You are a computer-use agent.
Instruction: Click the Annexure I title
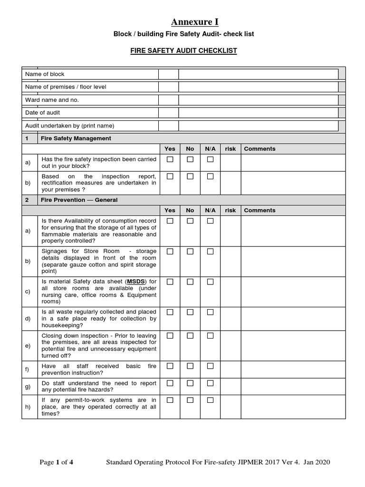pos(195,21)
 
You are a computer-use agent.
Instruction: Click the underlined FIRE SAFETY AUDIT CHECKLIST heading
pos(183,50)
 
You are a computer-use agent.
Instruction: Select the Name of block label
pos(45,74)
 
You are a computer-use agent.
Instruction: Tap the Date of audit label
pos(42,113)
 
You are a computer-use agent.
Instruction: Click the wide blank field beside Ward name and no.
pos(259,100)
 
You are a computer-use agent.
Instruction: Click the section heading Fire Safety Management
pos(76,138)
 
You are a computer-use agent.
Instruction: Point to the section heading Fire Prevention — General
pos(79,200)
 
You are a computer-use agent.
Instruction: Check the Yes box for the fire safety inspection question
pos(170,159)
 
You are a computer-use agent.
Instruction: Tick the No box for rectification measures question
pos(190,176)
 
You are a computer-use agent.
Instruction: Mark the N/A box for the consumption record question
pos(210,221)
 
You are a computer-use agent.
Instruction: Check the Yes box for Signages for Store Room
pos(170,251)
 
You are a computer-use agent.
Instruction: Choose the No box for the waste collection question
pos(190,312)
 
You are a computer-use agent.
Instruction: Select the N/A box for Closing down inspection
pos(210,336)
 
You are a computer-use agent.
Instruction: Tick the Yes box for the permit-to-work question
pos(170,400)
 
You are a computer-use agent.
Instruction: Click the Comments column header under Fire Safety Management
pos(259,149)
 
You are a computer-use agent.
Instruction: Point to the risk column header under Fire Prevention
pos(230,210)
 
